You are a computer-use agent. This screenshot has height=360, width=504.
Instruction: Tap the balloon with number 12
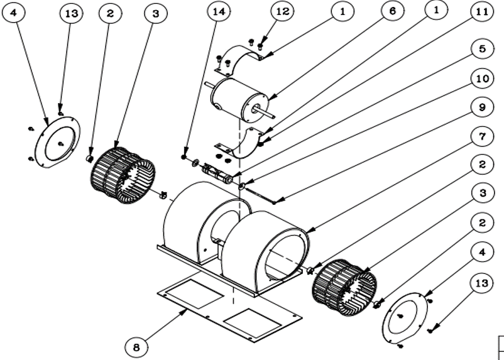282,11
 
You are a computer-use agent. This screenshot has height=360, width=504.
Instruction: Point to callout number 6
392,12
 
